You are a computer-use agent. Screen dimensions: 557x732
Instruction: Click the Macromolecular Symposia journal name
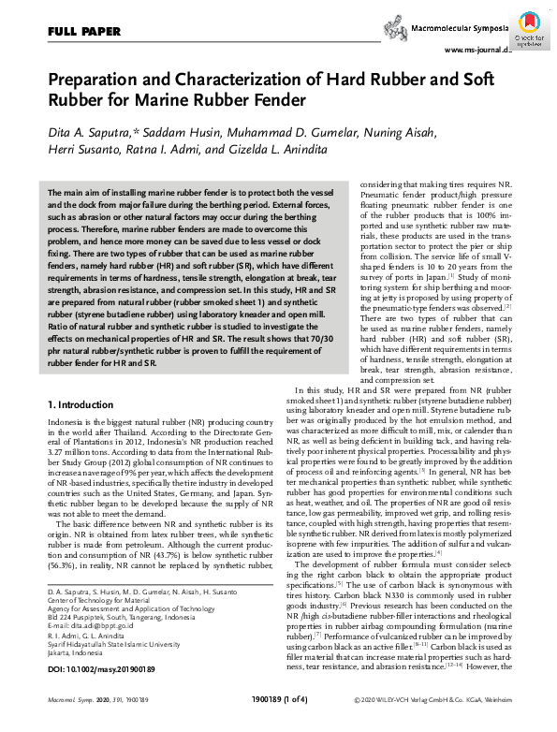coord(456,31)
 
